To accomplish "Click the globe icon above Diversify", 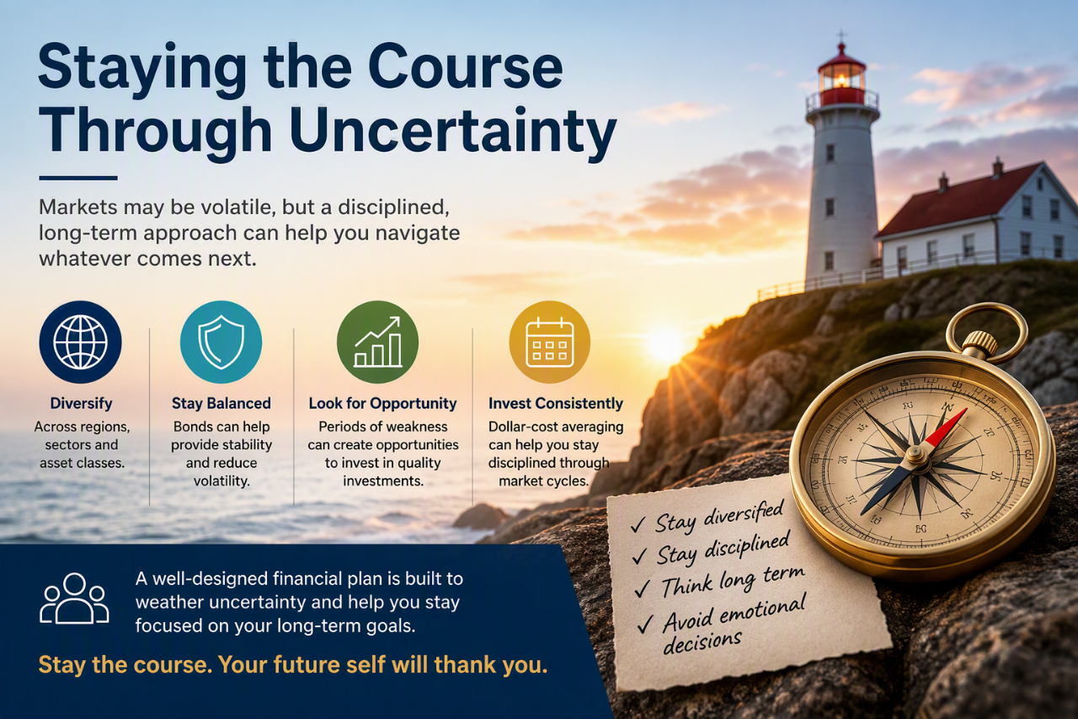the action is click(x=80, y=342).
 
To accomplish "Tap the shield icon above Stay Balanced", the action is click(x=221, y=342).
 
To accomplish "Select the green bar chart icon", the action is click(x=378, y=342).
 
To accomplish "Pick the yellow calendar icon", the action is click(x=550, y=342).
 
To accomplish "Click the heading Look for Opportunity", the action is click(x=382, y=404).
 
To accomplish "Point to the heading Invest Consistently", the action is click(x=556, y=404).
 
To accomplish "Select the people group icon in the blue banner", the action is click(x=74, y=598).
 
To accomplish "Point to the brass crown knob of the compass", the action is click(x=979, y=344).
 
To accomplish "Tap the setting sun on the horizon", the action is click(x=665, y=344).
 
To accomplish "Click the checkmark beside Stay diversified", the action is click(x=638, y=524).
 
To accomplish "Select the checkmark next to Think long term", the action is click(x=642, y=589).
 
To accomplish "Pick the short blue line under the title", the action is click(x=78, y=178).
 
